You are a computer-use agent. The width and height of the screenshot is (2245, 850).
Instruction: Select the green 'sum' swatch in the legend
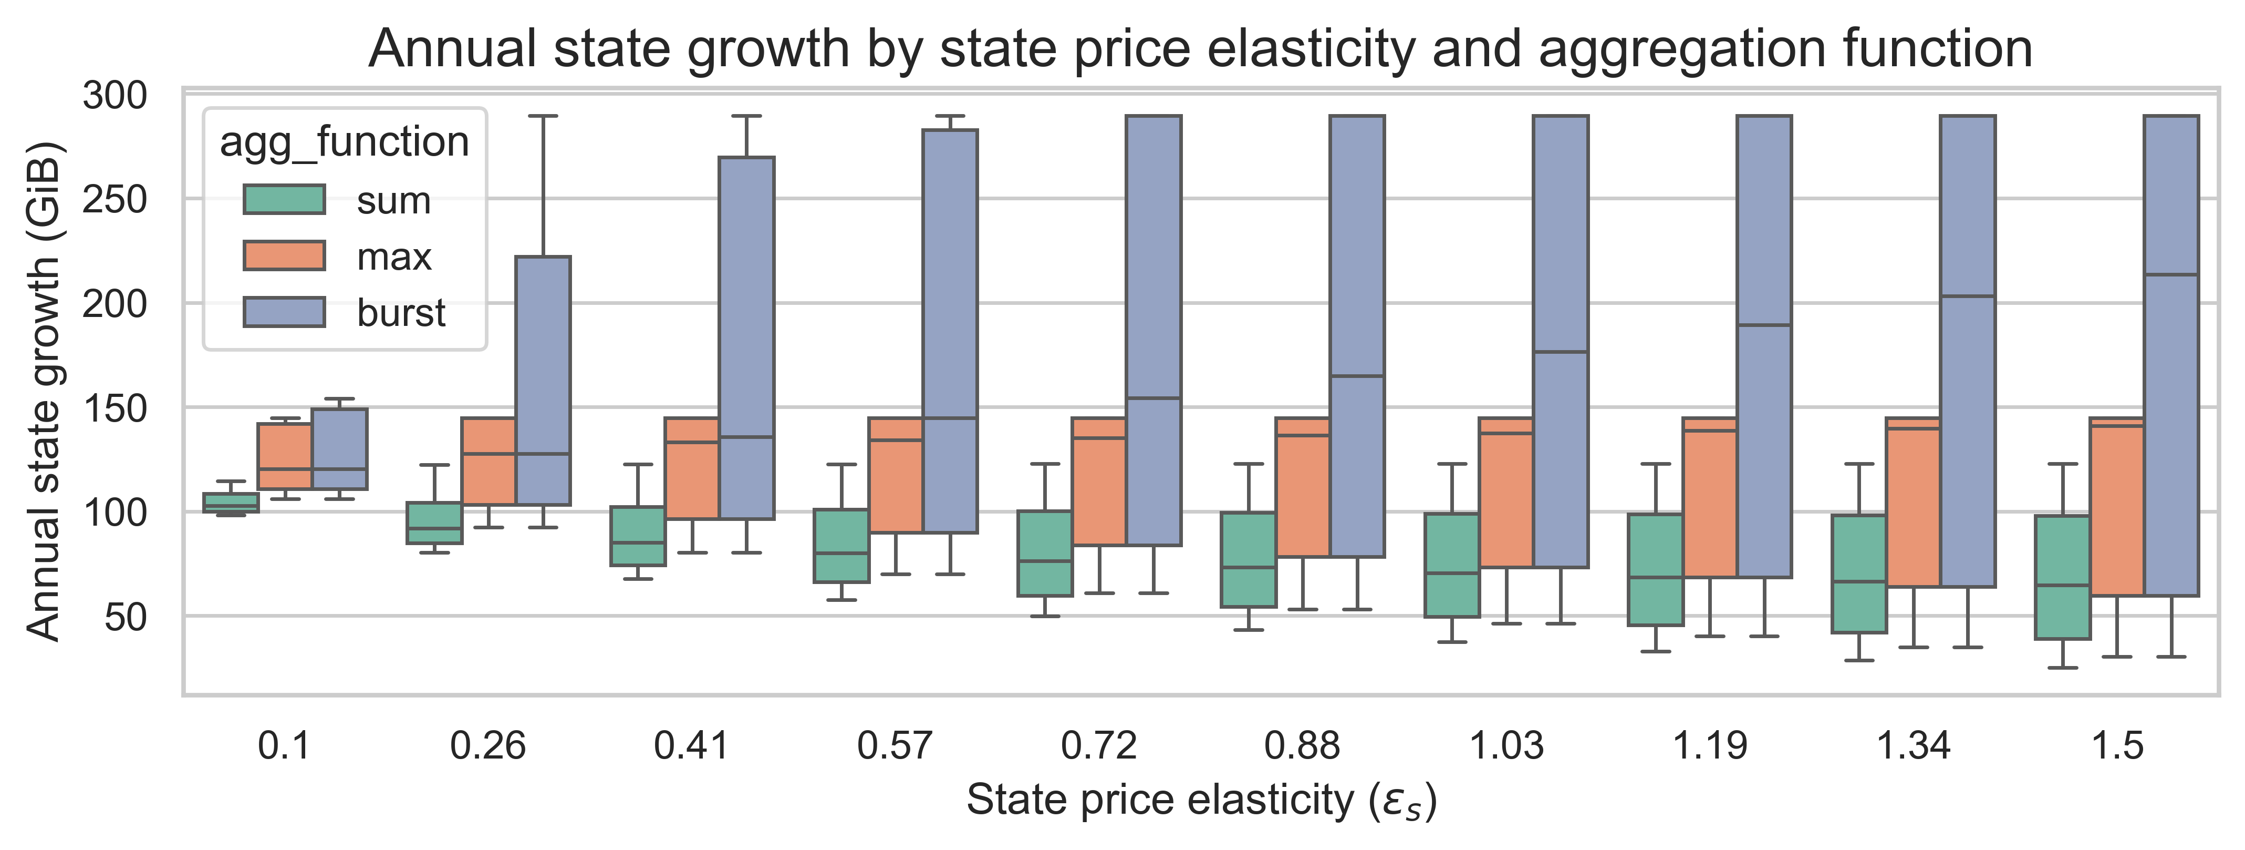pyautogui.click(x=284, y=200)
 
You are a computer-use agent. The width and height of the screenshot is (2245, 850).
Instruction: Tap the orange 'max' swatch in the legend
pyautogui.click(x=284, y=255)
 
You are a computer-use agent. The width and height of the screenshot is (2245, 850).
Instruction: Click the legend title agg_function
pyautogui.click(x=344, y=141)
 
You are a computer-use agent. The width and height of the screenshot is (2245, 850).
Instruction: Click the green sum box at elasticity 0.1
pyautogui.click(x=231, y=503)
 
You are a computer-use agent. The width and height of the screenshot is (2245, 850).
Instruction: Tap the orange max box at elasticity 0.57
pyautogui.click(x=895, y=475)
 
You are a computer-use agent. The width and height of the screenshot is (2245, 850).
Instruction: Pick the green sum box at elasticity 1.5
pyautogui.click(x=2062, y=577)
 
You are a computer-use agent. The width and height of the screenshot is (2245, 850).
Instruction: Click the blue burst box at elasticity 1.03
pyautogui.click(x=1560, y=341)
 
